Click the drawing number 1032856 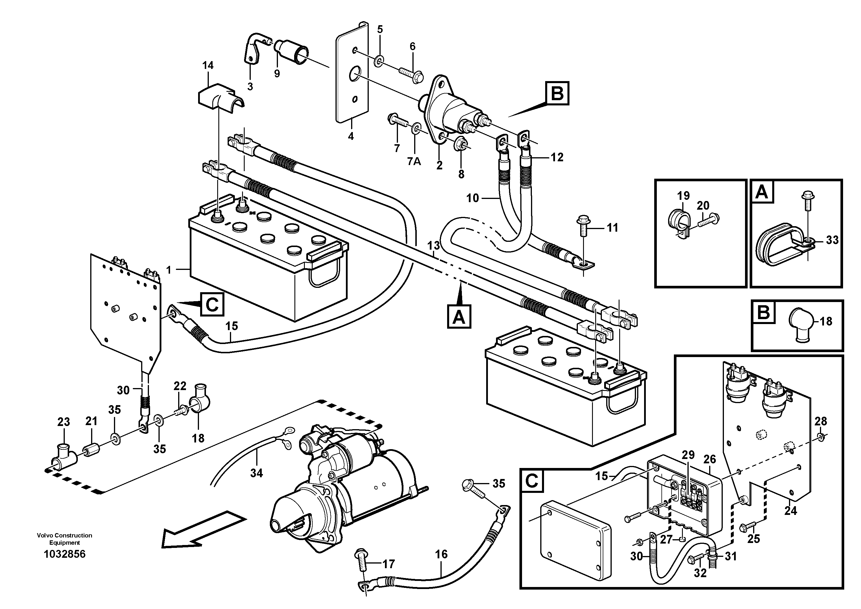[64, 554]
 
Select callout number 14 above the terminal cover [208, 66]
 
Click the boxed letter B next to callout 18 [764, 312]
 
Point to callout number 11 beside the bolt [612, 228]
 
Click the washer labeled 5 [379, 60]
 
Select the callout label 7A [414, 162]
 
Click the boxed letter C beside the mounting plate [212, 305]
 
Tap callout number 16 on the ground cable [441, 554]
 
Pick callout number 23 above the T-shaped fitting [63, 422]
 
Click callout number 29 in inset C [688, 455]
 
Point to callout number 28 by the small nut [821, 421]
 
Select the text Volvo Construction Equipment [64, 539]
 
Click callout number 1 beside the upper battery [169, 270]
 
